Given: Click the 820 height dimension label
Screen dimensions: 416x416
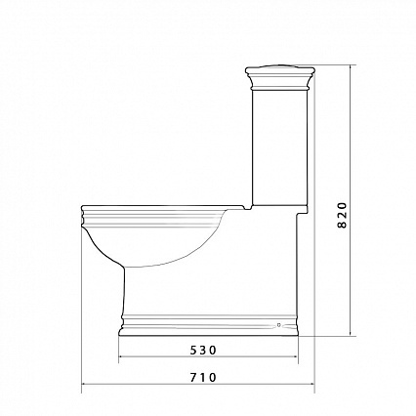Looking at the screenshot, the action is point(342,215).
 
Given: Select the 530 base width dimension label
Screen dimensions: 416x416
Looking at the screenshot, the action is point(203,351).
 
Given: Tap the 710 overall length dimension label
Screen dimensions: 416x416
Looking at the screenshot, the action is point(203,378).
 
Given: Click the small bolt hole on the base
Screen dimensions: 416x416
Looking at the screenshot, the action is point(278,324).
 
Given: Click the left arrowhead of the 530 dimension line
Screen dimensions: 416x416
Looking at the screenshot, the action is point(121,356).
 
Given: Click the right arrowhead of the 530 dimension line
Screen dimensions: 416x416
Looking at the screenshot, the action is point(296,356).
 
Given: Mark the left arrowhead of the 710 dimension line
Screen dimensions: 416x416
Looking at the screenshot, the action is point(84,384).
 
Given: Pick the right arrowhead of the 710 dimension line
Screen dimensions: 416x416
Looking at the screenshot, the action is point(312,384).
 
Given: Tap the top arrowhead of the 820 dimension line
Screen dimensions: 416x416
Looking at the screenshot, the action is point(351,68).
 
